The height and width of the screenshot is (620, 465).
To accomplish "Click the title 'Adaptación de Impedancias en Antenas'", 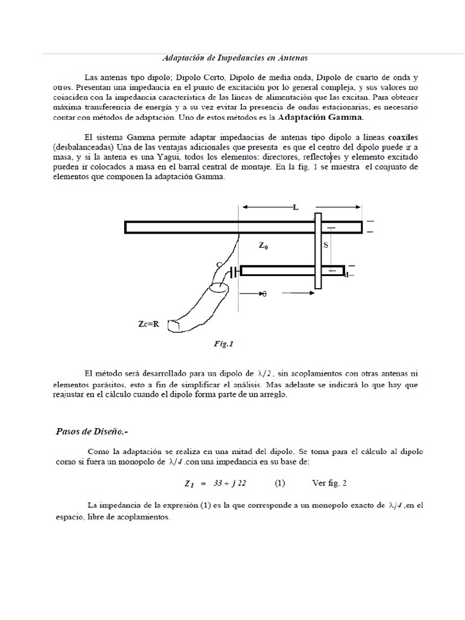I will pos(236,58).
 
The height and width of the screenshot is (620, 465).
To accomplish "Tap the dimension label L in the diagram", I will pos(295,208).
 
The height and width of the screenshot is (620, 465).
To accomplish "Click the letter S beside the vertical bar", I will pos(326,245).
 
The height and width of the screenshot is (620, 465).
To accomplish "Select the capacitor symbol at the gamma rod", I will pos(234,272).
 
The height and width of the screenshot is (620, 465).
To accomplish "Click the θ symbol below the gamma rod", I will pos(263,294).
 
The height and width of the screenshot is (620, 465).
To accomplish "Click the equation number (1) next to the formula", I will pos(280,484).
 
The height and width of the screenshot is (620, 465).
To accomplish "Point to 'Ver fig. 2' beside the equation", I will pos(329,484).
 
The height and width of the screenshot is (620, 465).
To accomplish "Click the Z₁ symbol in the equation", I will pos(188,484).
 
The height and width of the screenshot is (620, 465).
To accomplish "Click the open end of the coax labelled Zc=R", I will pos(174,326).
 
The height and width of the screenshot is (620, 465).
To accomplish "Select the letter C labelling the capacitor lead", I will pos(219,265).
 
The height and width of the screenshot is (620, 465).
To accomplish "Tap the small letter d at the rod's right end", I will pos(346,275).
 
